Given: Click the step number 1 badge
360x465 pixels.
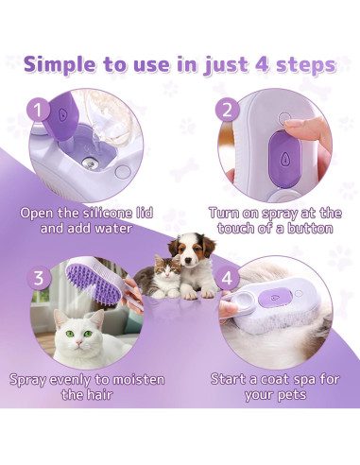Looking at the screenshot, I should click(39, 110).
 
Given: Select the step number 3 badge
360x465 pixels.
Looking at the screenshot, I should click(39, 278).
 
